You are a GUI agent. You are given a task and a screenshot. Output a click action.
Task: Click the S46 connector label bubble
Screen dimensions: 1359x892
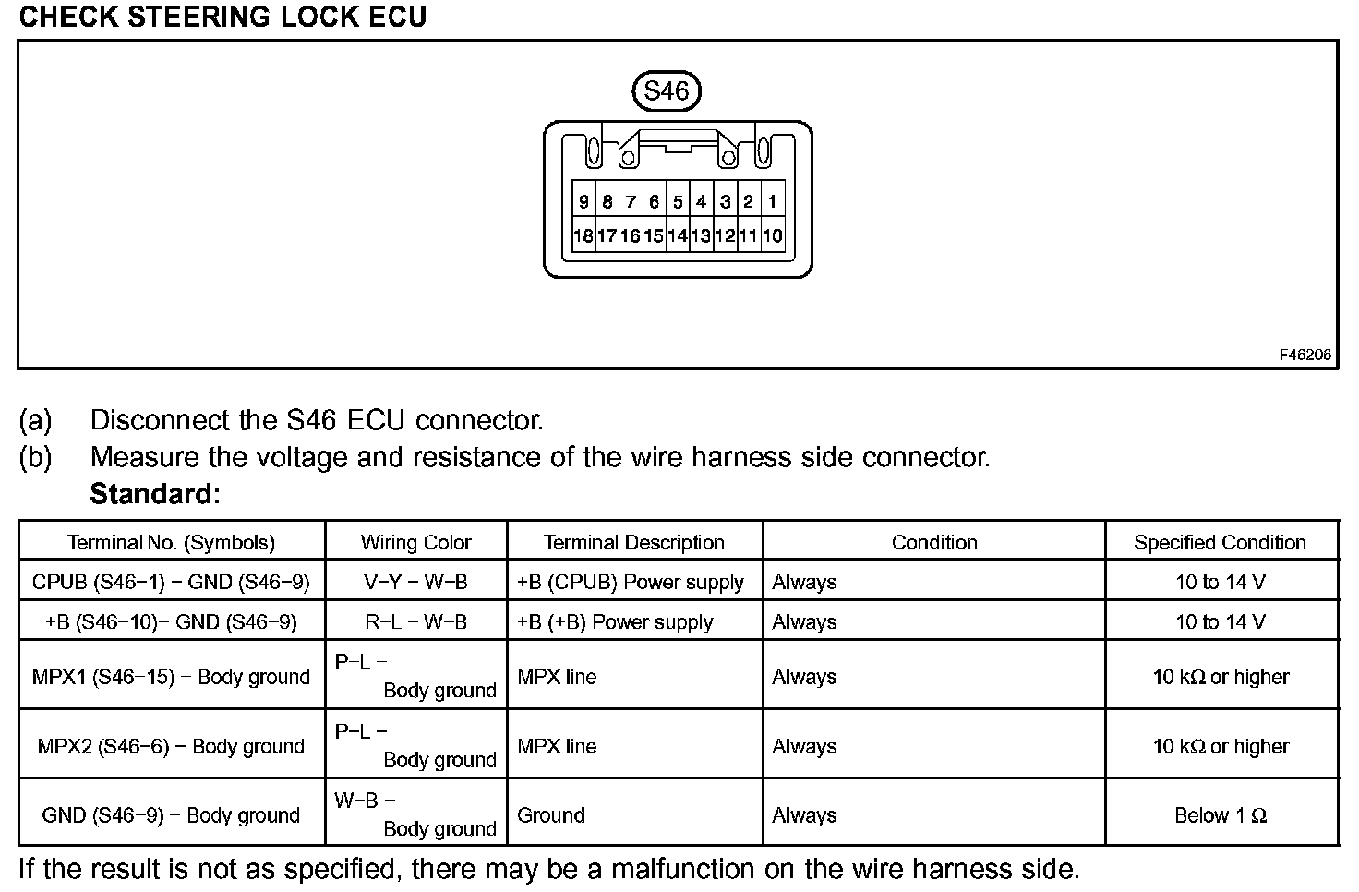[666, 90]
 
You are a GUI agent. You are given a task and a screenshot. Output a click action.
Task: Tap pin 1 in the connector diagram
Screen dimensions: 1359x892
[772, 201]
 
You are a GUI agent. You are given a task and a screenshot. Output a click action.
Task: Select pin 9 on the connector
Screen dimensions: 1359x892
[583, 201]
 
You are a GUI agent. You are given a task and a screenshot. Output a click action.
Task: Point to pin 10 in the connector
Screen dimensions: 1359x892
[772, 235]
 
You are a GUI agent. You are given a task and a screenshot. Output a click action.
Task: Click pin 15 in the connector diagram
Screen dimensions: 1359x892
[654, 235]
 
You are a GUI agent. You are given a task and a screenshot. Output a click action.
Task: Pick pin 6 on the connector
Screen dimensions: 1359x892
[654, 201]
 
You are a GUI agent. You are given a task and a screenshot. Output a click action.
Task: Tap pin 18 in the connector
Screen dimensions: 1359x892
[583, 235]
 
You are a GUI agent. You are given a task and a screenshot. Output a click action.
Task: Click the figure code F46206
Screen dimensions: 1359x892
[1305, 355]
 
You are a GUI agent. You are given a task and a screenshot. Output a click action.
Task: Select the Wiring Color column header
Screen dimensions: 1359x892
[415, 542]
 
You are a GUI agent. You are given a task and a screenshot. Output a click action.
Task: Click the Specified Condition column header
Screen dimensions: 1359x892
[1220, 542]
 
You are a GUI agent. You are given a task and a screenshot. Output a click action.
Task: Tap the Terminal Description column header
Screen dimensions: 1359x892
[634, 542]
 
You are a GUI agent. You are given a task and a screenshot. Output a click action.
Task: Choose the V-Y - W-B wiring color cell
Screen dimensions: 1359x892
[415, 582]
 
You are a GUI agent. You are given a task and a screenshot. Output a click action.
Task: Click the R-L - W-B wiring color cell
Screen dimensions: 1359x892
[415, 621]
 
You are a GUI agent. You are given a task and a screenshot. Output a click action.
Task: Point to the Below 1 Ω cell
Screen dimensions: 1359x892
[1220, 815]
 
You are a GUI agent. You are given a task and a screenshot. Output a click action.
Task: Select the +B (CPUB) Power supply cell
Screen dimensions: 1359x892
[631, 582]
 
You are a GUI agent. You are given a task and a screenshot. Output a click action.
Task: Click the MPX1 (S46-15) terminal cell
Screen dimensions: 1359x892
[171, 677]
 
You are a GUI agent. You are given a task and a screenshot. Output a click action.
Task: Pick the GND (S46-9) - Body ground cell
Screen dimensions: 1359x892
[171, 815]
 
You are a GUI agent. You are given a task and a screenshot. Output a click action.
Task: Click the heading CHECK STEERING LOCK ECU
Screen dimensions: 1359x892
[222, 17]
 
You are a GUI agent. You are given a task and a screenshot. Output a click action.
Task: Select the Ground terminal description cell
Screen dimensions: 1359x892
[551, 815]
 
